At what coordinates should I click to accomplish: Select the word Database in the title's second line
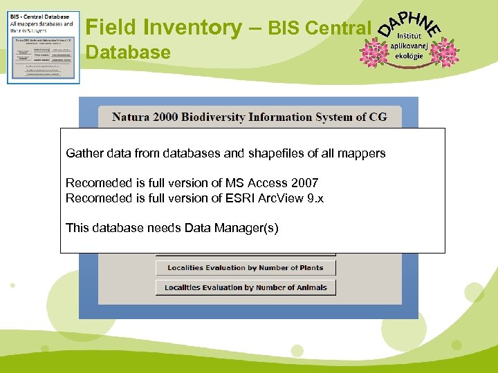(128, 52)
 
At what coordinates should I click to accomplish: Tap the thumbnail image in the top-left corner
(43, 47)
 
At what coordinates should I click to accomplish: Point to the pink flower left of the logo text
(374, 52)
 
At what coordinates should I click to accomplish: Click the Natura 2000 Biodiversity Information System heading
(249, 117)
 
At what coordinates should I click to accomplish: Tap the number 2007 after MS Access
(304, 183)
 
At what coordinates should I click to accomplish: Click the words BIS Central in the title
(319, 28)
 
